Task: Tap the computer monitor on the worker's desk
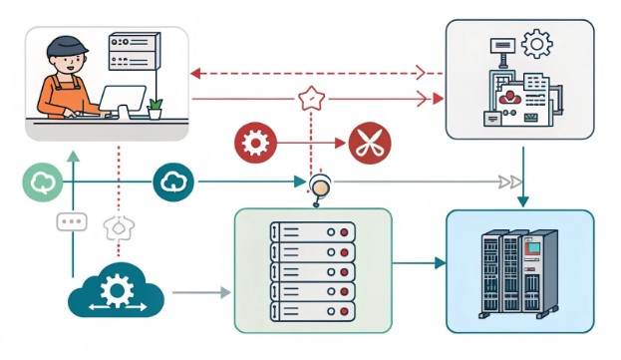coord(124,100)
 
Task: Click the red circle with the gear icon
coord(254,144)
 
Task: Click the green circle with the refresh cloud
coord(43,181)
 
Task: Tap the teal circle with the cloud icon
coord(173,181)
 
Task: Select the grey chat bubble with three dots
coord(72,221)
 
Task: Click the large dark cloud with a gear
coord(117,291)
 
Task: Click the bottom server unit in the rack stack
coord(313,311)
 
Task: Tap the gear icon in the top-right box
coord(536,43)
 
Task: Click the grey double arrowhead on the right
coord(509,181)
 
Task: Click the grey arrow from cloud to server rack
coord(200,293)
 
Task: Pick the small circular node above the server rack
coord(319,184)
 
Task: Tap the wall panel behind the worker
coord(134,51)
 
